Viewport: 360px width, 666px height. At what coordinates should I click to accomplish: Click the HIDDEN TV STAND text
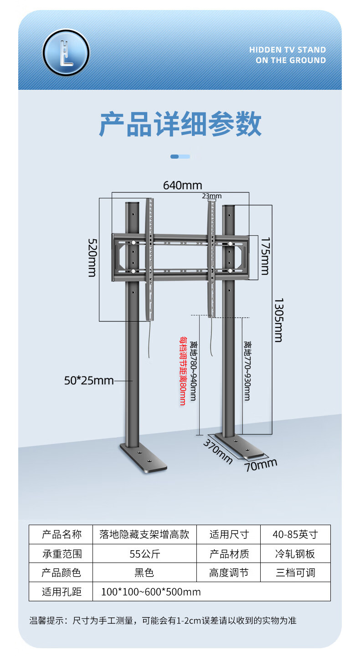click(288, 50)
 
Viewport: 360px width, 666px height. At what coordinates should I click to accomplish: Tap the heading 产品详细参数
click(180, 124)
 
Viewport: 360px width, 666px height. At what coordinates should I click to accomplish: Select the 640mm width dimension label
click(182, 186)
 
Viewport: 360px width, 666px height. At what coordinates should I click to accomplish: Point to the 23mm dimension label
click(212, 196)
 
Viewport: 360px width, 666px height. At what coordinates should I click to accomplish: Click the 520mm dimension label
click(92, 258)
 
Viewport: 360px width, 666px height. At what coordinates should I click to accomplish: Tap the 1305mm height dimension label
click(278, 320)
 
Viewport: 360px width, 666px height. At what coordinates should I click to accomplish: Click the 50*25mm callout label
click(89, 380)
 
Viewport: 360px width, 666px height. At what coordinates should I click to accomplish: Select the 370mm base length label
click(217, 451)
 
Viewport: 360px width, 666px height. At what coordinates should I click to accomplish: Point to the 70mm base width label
click(261, 465)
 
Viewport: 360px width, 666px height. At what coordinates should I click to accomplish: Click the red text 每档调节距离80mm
click(182, 371)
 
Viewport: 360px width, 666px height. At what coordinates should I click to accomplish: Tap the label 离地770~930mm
click(247, 371)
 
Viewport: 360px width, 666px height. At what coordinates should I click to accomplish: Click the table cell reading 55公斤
click(145, 554)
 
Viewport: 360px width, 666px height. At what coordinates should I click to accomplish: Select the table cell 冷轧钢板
click(295, 554)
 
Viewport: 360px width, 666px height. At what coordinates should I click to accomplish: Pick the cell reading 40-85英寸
click(295, 534)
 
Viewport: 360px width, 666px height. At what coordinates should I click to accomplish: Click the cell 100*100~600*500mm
click(151, 592)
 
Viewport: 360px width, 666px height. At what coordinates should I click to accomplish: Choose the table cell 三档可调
click(295, 573)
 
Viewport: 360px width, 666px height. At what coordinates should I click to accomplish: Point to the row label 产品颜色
click(62, 573)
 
